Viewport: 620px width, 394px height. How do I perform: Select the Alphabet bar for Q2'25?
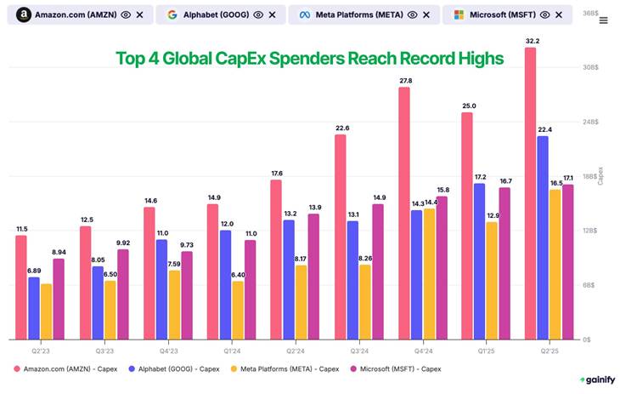[x=543, y=237]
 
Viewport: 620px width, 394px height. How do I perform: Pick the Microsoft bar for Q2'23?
[x=59, y=298]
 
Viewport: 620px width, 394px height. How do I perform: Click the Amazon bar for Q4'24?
[x=404, y=213]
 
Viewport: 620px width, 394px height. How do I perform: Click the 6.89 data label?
[x=34, y=271]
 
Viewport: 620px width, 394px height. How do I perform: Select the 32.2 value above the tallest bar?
[x=532, y=40]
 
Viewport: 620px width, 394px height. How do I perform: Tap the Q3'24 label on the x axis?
[x=358, y=349]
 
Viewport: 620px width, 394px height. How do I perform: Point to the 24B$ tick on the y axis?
[x=590, y=122]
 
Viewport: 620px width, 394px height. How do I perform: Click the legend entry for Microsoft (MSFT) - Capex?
[x=397, y=368]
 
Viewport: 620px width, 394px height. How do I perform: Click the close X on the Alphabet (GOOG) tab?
[x=272, y=15]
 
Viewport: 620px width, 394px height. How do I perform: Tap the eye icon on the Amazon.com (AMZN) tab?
[x=126, y=15]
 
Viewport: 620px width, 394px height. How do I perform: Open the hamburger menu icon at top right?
[x=604, y=20]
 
